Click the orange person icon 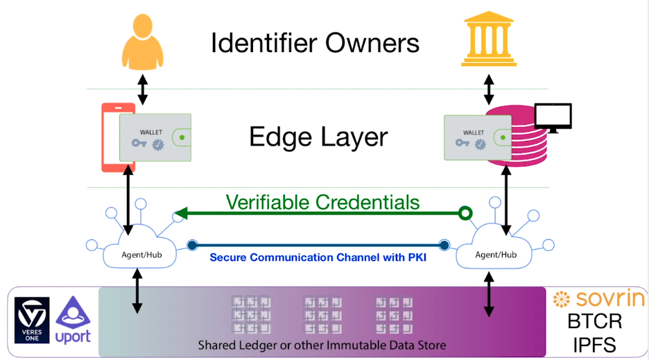click(142, 44)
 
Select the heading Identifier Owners click(315, 43)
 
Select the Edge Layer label click(318, 137)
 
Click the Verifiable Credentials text click(322, 202)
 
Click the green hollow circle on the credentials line click(465, 212)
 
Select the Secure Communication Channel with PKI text click(317, 257)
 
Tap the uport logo click(73, 321)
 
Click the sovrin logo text click(599, 300)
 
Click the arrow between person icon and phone click(142, 89)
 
